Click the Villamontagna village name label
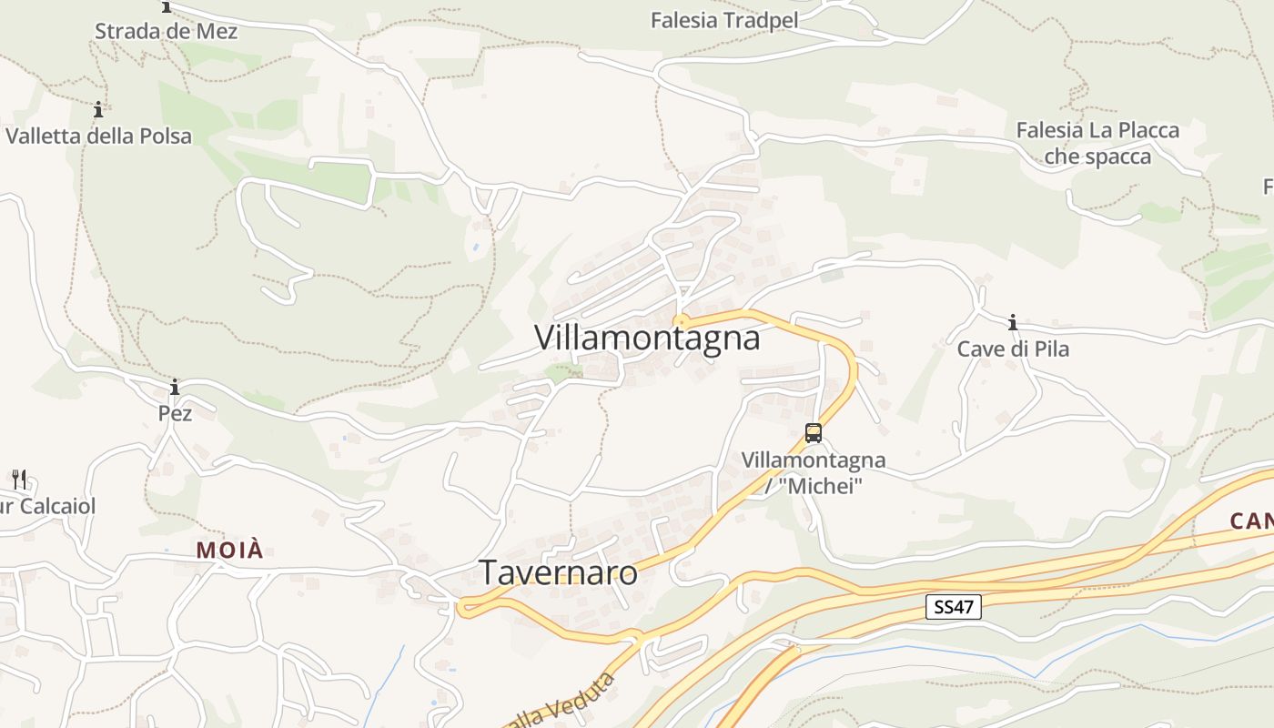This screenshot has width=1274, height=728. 647,338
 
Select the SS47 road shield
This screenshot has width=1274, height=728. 954,607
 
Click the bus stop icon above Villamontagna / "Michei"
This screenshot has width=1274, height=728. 814,433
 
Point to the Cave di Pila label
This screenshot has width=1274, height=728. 1013,349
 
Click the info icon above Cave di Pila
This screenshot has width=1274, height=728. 1012,322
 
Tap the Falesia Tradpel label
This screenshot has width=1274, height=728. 724,20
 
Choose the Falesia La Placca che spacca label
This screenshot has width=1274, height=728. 1097,143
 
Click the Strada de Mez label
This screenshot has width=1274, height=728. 167,31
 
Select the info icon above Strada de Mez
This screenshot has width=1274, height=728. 167,7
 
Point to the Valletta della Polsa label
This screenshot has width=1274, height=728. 98,136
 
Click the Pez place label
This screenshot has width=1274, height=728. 175,413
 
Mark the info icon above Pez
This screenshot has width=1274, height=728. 175,388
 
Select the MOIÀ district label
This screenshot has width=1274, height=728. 230,550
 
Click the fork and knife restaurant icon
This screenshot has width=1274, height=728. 18,479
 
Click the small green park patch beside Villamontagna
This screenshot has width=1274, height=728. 562,370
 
